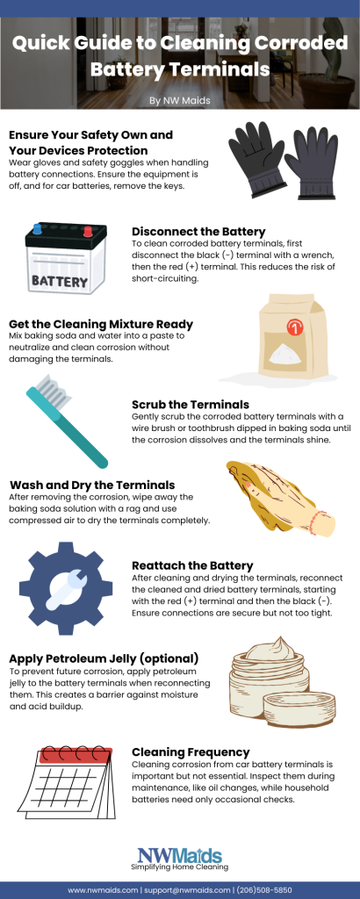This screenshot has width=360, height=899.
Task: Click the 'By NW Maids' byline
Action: (x=180, y=100)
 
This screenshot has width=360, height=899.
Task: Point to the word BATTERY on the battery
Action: (x=59, y=282)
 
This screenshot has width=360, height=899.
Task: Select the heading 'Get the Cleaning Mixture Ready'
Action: (x=101, y=323)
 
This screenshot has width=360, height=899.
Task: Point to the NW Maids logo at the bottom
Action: (x=180, y=856)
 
